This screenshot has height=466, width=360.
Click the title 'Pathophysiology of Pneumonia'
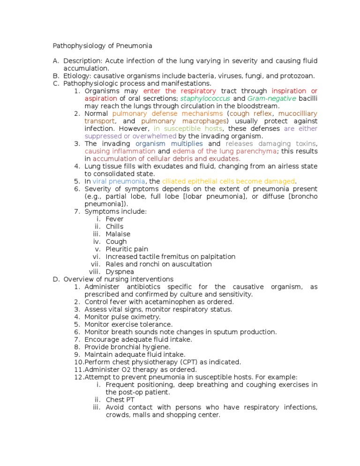tap(102, 46)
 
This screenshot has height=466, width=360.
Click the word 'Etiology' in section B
tap(77, 76)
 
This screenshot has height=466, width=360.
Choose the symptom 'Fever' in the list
tap(115, 219)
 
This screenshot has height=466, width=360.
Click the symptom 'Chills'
tap(115, 226)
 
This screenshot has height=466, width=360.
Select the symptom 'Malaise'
tap(118, 234)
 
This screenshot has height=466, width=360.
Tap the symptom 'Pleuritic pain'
tap(127, 249)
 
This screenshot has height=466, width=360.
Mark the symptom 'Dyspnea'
tap(120, 271)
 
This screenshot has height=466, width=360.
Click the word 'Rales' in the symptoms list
tap(115, 264)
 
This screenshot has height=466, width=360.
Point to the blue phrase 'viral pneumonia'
tap(119, 181)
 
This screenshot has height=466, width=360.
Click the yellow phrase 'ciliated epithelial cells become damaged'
tap(229, 181)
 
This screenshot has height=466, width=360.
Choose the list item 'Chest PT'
tap(120, 399)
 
